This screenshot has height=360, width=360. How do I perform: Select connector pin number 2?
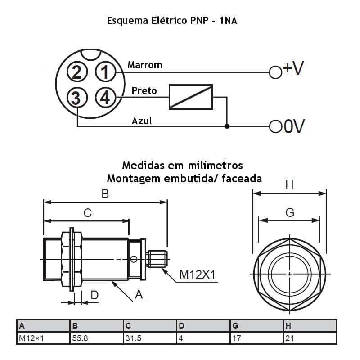77,72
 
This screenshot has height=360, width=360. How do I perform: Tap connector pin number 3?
77,97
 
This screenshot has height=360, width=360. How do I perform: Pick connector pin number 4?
105,97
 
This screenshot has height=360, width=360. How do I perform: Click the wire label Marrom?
144,65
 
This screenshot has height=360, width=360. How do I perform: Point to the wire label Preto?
144,90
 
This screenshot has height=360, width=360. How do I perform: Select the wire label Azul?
142,121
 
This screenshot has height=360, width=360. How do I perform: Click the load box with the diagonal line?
191,97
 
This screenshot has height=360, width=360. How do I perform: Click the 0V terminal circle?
275,126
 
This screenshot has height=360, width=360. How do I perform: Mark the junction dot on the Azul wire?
227,126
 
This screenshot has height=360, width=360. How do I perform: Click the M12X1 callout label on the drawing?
197,274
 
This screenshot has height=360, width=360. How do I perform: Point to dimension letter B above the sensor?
105,193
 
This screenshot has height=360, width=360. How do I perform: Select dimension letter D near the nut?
94,295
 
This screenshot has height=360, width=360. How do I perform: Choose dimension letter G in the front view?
290,212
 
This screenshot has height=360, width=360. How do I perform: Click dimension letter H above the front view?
289,184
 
